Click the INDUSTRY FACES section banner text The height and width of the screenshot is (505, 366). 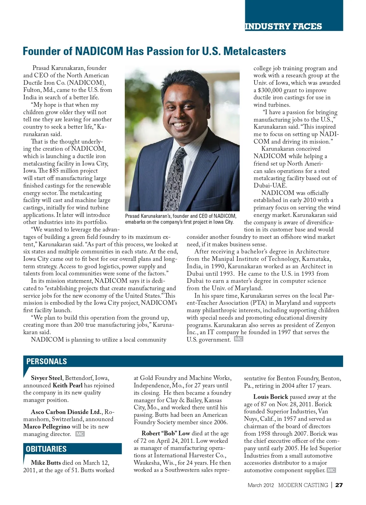click(283, 26)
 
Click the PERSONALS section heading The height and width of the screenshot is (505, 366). click(46, 361)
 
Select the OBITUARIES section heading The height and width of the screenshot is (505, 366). click(46, 449)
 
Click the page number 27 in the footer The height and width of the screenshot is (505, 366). click(339, 485)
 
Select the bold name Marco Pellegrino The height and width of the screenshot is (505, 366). click(46, 426)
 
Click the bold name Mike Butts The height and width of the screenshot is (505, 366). click(46, 463)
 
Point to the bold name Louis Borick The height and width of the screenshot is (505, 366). click(271, 397)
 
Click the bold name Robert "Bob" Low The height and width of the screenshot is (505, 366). click(166, 433)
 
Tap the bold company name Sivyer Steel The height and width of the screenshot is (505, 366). click(46, 378)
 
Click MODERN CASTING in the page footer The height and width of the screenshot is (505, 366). click(303, 485)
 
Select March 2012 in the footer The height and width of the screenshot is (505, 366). click(261, 485)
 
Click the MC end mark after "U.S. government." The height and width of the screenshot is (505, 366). click(238, 339)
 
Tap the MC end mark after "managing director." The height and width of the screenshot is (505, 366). click(80, 434)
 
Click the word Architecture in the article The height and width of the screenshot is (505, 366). click(312, 252)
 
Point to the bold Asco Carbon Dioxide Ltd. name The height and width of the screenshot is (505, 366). click(66, 412)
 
